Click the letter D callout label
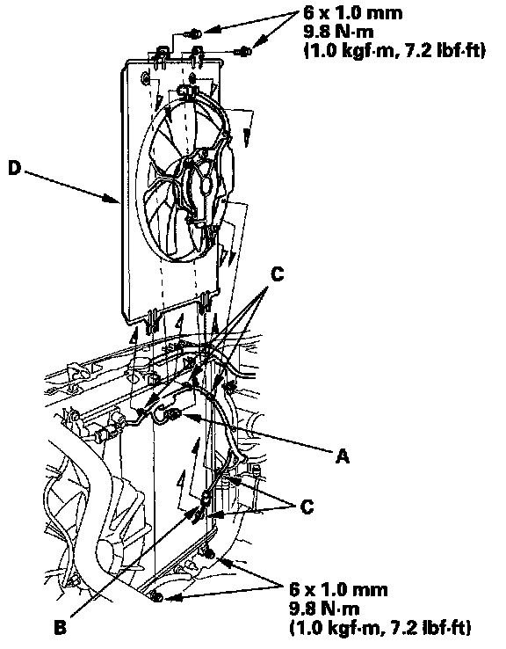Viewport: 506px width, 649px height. tap(15, 169)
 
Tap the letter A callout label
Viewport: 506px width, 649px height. tap(343, 456)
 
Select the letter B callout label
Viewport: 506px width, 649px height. tap(61, 628)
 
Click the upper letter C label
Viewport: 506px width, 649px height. tap(277, 273)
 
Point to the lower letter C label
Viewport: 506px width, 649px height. tap(307, 507)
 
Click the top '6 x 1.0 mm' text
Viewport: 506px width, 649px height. tap(352, 13)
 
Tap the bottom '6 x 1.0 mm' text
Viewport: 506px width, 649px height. tap(338, 589)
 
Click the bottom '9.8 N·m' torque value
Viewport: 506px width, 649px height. tap(324, 609)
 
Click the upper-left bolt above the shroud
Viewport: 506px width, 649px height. tap(196, 33)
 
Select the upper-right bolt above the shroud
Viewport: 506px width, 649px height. tap(244, 52)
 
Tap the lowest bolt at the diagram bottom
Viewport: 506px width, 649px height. tap(156, 597)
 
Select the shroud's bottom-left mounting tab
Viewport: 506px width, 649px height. tap(152, 320)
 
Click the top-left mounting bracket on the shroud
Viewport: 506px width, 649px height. tap(161, 57)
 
